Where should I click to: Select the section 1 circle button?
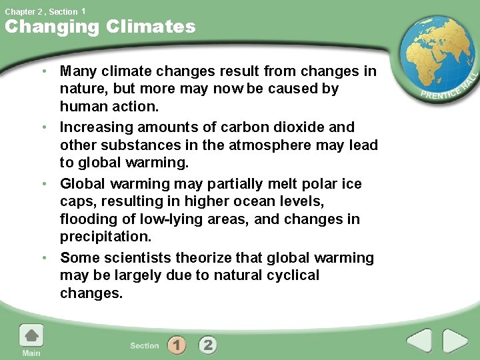177,345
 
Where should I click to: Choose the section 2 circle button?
208,345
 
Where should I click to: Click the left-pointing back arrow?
419,341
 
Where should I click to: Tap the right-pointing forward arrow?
455,341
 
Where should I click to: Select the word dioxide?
306,127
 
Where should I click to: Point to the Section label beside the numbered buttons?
145,345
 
